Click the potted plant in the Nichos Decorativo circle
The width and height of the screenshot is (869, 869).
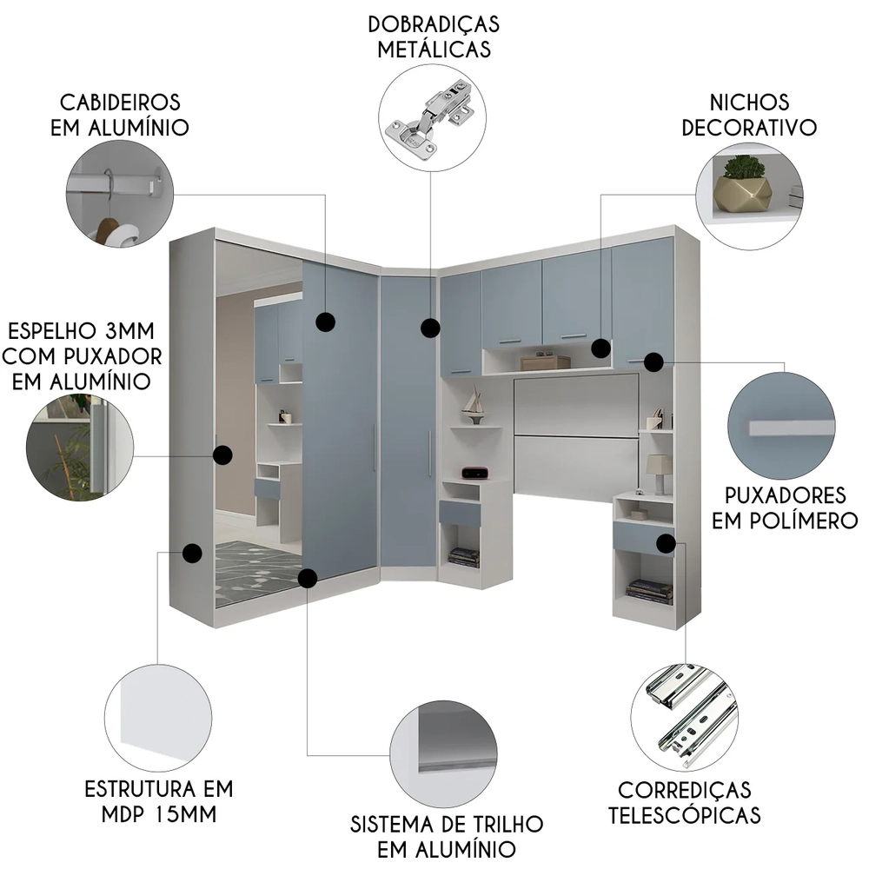point(743,183)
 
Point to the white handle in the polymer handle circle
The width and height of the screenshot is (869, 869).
point(790,428)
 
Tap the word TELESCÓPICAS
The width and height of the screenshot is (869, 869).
point(684,816)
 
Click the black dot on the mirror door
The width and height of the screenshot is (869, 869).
point(223,454)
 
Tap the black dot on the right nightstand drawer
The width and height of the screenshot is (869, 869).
point(666,544)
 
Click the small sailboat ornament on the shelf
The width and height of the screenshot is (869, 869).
point(473,404)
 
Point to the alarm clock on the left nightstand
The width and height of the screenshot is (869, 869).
point(474,473)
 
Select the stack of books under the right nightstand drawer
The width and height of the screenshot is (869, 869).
point(650,592)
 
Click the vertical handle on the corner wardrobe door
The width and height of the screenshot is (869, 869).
point(429,453)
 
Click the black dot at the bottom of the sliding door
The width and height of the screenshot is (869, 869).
point(306,577)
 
